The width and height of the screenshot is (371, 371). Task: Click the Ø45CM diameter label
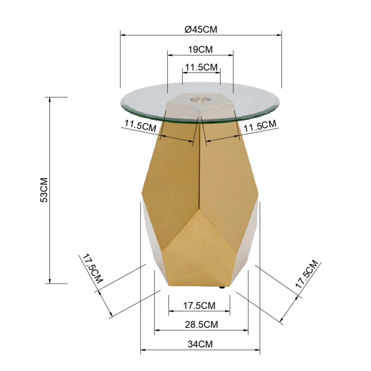tap(201, 29)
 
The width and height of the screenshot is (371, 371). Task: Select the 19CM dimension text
tap(200, 50)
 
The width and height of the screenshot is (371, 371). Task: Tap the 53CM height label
tap(44, 190)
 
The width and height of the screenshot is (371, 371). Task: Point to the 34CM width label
tap(200, 344)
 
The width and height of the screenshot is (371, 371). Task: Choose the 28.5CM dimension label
tap(201, 325)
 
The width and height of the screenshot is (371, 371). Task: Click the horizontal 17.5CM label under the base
tap(199, 306)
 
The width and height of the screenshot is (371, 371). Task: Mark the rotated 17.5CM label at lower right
tap(307, 274)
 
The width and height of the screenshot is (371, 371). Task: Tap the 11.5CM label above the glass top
tap(201, 67)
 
